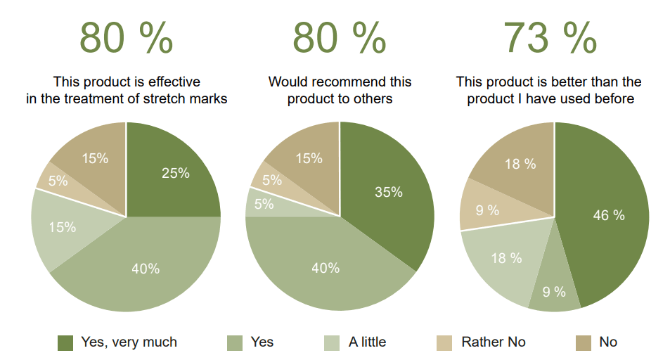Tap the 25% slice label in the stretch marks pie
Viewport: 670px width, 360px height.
176,173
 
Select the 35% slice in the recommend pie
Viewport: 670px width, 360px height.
389,192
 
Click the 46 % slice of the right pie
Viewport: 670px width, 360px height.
609,215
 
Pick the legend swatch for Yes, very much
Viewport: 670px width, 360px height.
65,342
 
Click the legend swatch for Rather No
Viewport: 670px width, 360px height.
445,342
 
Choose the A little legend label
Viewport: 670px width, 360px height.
367,342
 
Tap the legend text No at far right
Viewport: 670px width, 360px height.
608,342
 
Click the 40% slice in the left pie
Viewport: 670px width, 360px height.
146,269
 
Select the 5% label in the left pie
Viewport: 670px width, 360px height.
58,180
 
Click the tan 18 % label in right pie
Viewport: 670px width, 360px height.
520,164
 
